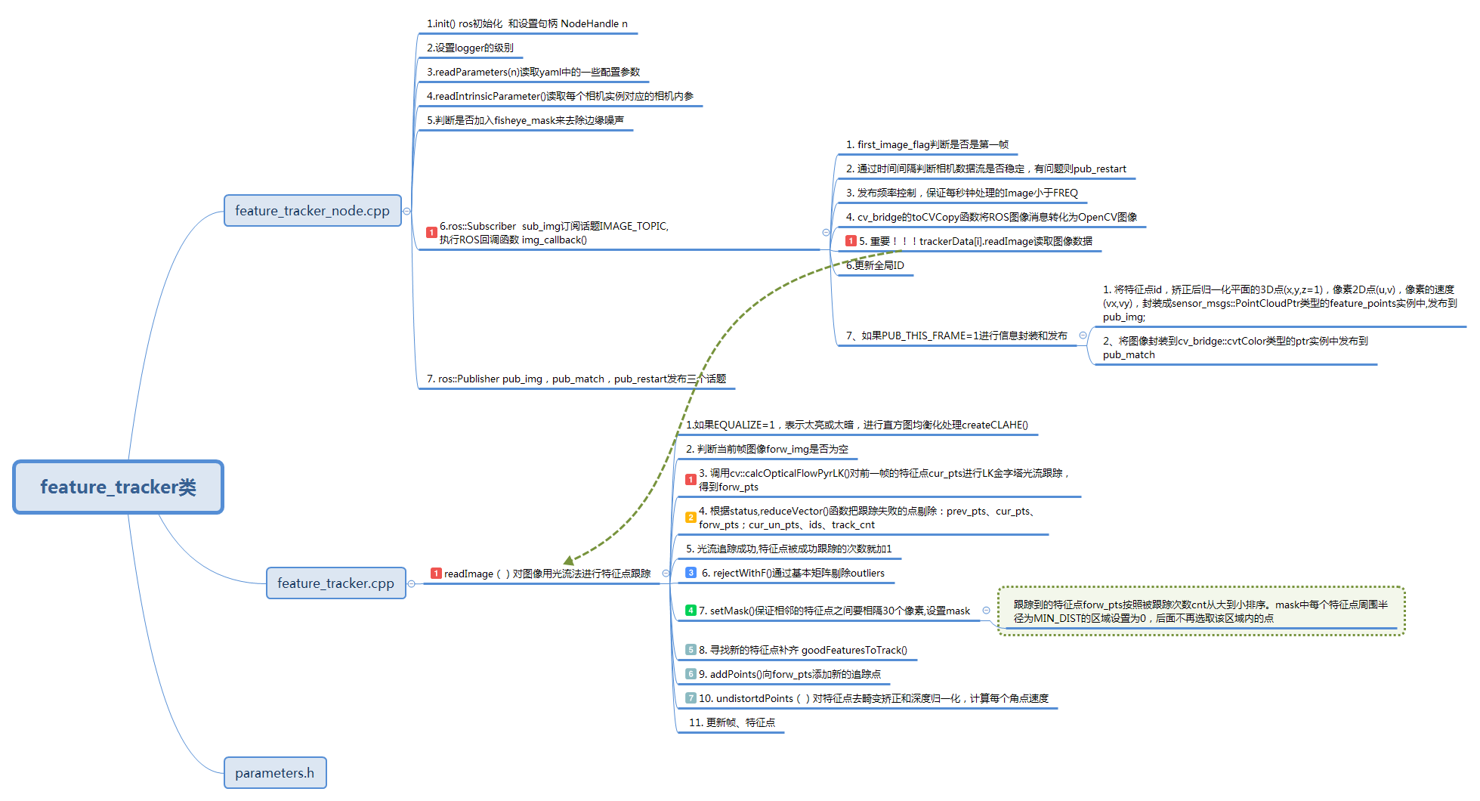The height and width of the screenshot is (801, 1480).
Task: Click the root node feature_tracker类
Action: (x=118, y=487)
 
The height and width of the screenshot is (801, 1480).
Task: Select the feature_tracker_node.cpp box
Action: (x=312, y=211)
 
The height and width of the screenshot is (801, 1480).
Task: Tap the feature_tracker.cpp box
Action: (x=335, y=583)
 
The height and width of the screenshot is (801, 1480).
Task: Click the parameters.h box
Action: (x=274, y=773)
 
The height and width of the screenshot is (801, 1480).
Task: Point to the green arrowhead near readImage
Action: (x=569, y=560)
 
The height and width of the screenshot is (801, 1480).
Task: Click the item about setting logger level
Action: (x=470, y=48)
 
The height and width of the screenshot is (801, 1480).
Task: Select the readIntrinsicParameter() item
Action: (x=559, y=97)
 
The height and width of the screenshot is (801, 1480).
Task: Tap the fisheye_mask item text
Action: (x=525, y=121)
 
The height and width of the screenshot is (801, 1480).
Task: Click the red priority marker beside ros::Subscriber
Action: (x=431, y=233)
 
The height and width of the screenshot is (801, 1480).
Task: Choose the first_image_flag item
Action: (x=926, y=145)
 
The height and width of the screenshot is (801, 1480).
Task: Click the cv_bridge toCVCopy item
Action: (x=990, y=218)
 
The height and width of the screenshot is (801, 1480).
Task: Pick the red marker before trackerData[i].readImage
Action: (x=851, y=241)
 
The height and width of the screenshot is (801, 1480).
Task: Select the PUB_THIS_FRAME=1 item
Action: (x=956, y=336)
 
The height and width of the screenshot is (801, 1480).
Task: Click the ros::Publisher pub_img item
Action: (x=576, y=379)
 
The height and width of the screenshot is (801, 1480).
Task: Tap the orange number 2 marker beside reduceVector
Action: (x=691, y=518)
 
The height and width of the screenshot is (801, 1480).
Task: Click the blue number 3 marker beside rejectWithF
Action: (x=691, y=573)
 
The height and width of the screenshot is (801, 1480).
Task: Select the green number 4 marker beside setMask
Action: (x=691, y=611)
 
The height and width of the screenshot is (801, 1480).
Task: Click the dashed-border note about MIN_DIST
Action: (x=1200, y=611)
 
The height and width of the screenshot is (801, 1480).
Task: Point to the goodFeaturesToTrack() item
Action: (x=802, y=651)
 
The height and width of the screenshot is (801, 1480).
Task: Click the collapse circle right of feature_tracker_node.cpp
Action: (x=407, y=212)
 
